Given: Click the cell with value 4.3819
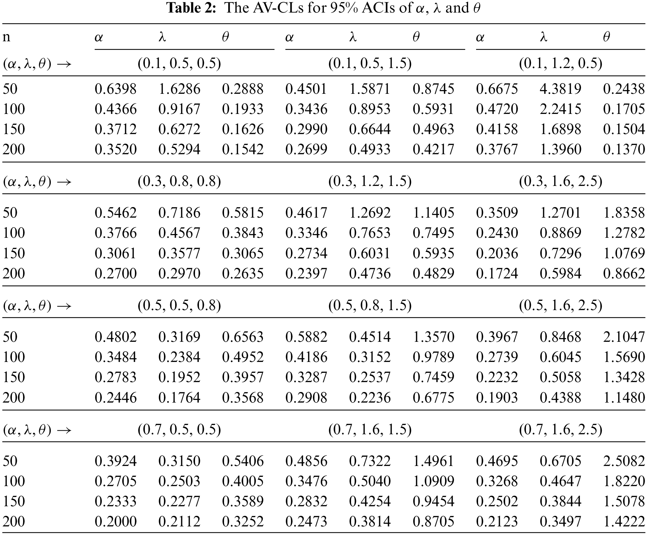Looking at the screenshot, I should point(560,89).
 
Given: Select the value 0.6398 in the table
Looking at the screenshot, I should point(115,89).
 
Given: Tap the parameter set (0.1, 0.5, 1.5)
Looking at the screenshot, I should point(370,63).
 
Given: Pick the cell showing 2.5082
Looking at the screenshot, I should point(624,461).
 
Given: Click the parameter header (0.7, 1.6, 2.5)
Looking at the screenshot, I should point(561,429).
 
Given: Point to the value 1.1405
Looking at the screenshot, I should point(434,213).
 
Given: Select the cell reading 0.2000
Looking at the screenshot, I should point(115,521).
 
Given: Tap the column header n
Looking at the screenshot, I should point(7,37).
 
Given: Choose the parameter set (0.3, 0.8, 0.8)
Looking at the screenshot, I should point(179,181).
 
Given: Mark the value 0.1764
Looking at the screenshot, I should point(179,397).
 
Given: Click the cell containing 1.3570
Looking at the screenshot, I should point(434,337).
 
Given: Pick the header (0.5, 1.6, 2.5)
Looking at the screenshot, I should point(561,305).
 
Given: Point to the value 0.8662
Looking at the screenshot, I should point(624,273).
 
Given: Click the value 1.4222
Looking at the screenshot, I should point(624,521).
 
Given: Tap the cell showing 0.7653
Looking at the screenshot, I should point(370,233).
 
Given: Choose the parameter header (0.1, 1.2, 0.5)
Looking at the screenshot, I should point(561,63).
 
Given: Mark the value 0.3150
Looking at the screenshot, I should point(179,461).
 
